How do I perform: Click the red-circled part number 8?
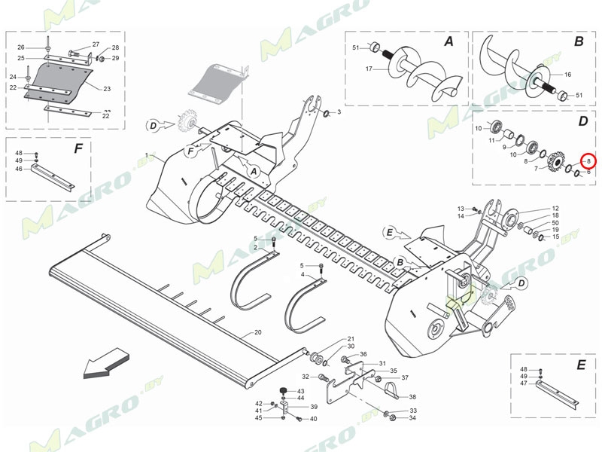(x=588, y=160)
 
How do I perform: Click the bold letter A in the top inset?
(x=448, y=42)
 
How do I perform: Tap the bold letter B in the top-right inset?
(x=578, y=42)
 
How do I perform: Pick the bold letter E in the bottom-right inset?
(x=580, y=365)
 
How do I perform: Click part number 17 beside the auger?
(x=369, y=69)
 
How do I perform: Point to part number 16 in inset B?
(x=567, y=75)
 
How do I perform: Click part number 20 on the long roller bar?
(x=257, y=332)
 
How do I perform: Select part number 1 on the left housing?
(x=147, y=155)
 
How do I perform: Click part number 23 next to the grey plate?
(x=107, y=89)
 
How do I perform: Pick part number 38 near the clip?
(x=412, y=397)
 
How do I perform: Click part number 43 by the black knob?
(x=300, y=392)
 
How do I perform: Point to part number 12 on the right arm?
(x=555, y=208)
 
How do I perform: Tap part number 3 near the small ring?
(x=339, y=112)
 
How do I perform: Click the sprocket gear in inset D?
(x=557, y=161)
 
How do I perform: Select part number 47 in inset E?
(x=524, y=383)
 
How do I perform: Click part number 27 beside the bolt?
(x=96, y=44)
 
